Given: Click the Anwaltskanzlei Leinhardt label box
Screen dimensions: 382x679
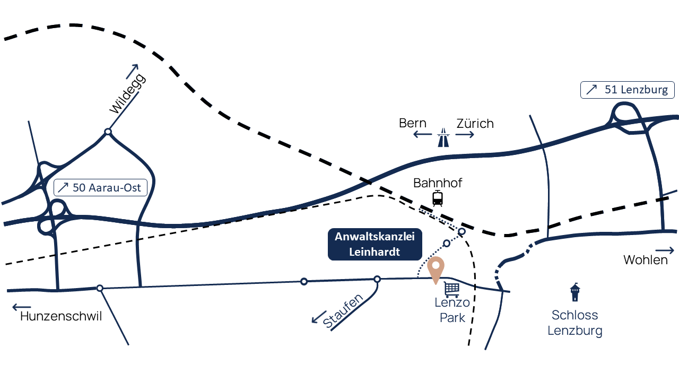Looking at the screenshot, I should (375, 245).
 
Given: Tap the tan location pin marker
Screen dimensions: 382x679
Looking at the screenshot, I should (436, 269).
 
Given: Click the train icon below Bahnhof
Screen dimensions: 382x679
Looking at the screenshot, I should (438, 198).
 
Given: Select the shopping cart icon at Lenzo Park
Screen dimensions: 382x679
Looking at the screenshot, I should (451, 289).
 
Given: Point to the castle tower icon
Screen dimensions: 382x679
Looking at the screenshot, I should (574, 292).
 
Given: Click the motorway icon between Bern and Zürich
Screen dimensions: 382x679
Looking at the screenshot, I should (443, 137).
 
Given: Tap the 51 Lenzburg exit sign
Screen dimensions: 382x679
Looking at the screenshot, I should (628, 90).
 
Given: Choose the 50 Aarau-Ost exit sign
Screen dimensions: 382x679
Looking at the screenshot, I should (100, 187).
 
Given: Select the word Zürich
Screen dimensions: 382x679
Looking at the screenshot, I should (475, 124).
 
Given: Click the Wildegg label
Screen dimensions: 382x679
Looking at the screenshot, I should (127, 94).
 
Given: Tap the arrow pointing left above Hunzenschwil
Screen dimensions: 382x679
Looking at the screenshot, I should (22, 307).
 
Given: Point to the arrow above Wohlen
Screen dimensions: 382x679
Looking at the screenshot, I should (665, 250).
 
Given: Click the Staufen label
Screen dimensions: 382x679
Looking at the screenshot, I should (343, 311).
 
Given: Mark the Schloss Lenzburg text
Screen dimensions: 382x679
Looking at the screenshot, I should (574, 323).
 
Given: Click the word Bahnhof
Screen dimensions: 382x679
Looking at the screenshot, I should (438, 183).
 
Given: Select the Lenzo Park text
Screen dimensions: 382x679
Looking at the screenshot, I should (452, 310).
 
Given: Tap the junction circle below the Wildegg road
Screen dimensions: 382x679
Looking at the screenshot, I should (108, 131).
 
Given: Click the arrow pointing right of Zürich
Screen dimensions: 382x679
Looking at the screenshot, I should (465, 135).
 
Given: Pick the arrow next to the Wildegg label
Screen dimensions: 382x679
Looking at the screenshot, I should (132, 71).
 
